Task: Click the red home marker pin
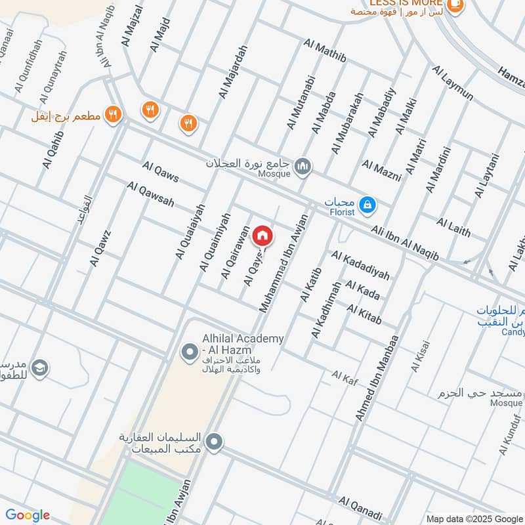[262, 235]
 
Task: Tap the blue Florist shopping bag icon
[368, 205]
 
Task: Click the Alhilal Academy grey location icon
[190, 352]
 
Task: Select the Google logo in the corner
[28, 515]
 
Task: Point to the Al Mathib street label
[324, 52]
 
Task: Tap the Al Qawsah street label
[150, 195]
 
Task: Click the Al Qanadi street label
[360, 509]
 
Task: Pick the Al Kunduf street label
[509, 434]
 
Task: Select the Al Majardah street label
[233, 72]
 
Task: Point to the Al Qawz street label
[101, 247]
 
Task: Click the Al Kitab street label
[364, 314]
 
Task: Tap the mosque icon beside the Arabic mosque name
[303, 166]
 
